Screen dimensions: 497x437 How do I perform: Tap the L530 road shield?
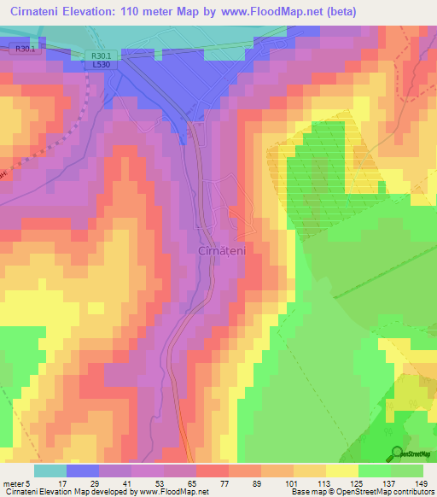102,65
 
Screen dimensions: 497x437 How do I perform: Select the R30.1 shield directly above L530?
102,56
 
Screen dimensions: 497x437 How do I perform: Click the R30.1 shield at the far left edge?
24,50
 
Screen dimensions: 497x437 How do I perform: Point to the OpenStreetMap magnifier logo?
395,453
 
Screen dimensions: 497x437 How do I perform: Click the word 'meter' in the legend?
12,482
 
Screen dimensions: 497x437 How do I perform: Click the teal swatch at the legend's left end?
50,471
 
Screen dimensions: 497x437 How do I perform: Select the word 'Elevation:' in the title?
105,11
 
